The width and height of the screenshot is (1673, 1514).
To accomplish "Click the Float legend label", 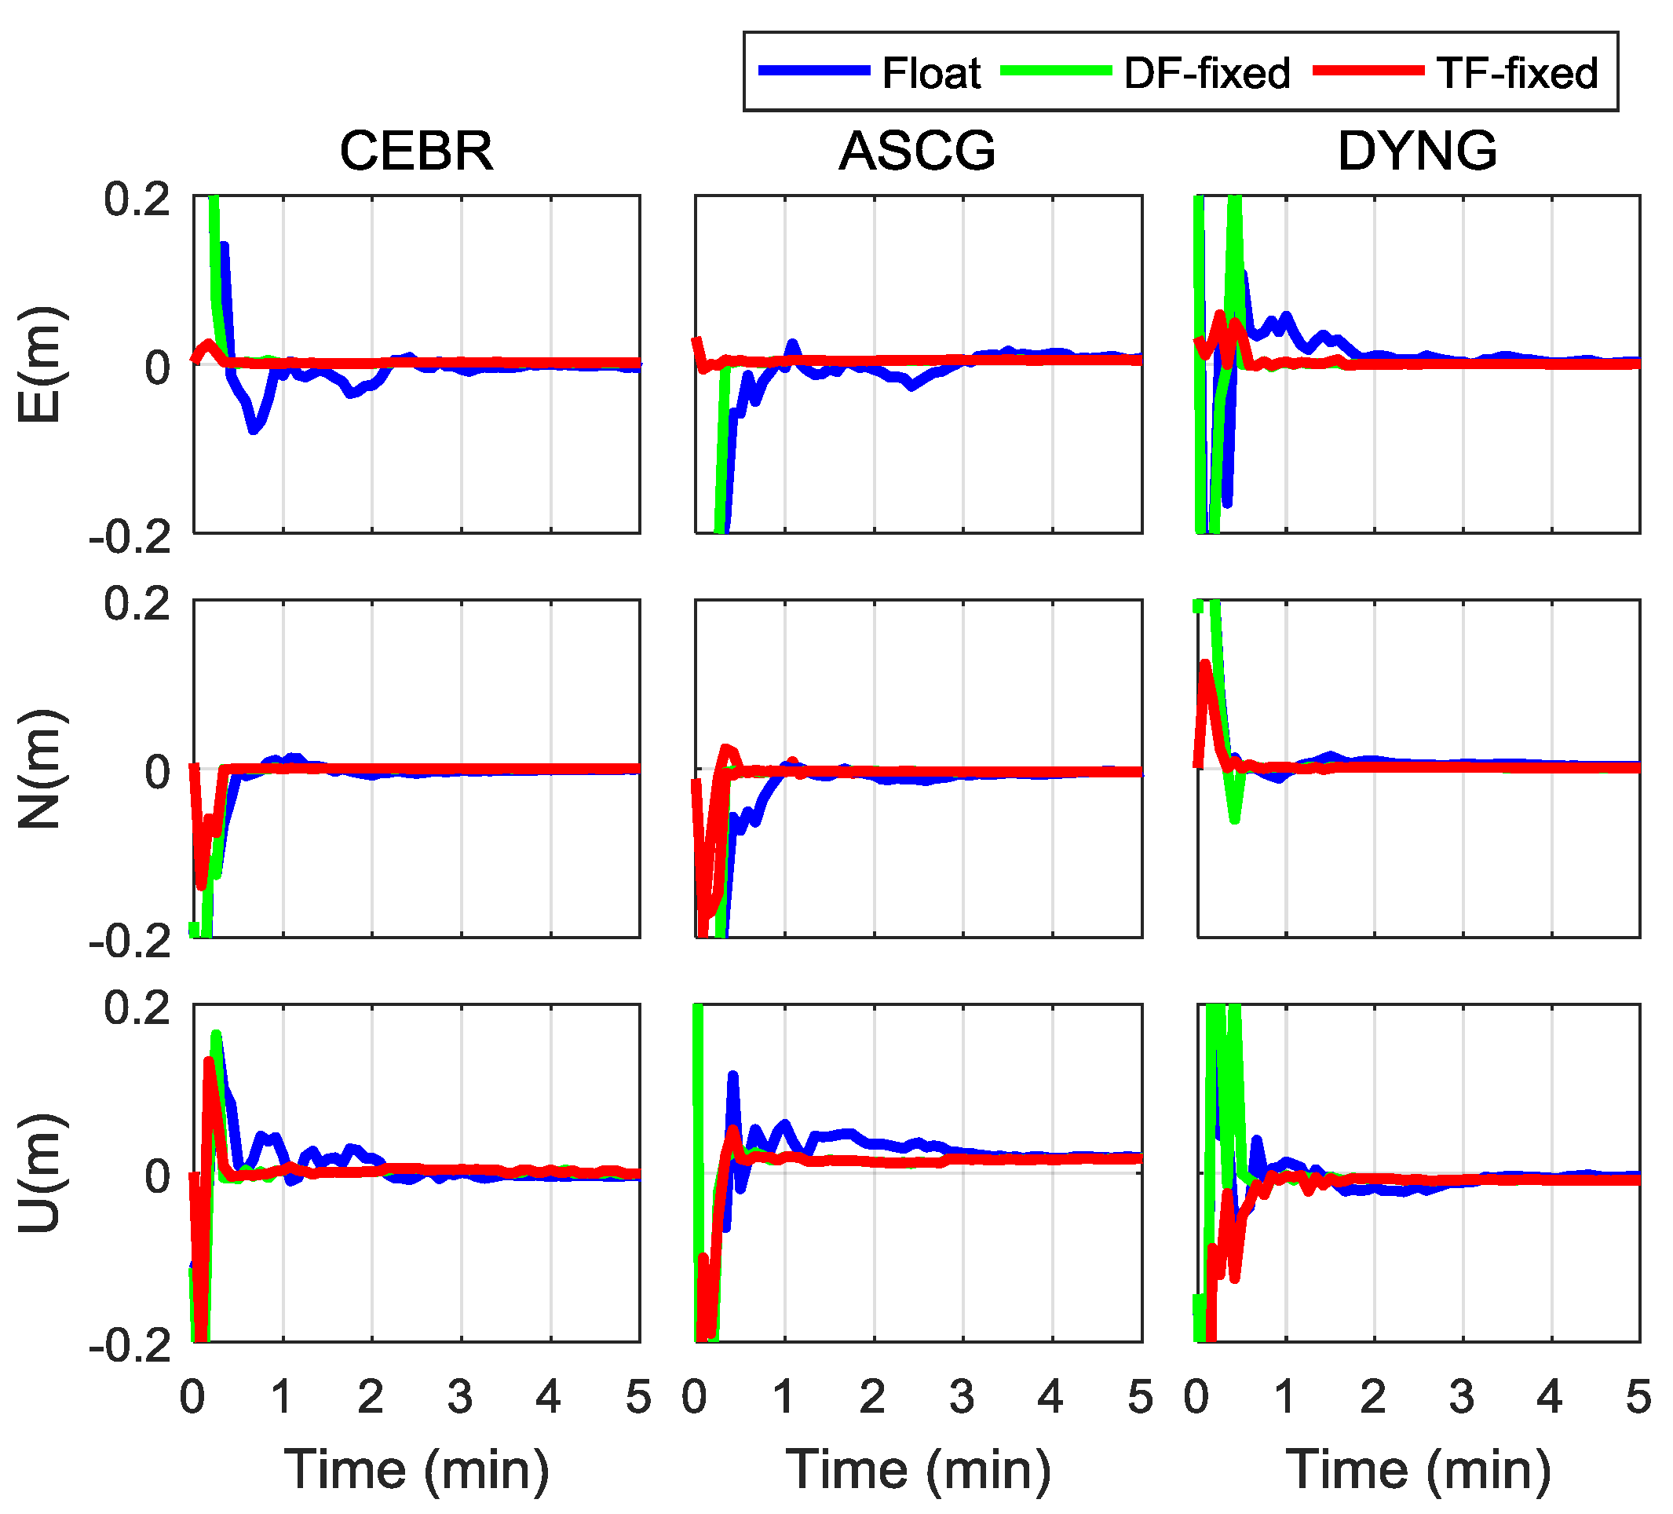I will pyautogui.click(x=930, y=73).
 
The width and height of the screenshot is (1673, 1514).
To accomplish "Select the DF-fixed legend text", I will pyautogui.click(x=1207, y=73).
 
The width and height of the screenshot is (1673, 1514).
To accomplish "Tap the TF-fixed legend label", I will pyautogui.click(x=1517, y=73).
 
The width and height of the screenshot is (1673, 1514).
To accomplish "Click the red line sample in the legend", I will pyautogui.click(x=1368, y=71).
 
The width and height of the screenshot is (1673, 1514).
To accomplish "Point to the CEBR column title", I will pyautogui.click(x=417, y=151).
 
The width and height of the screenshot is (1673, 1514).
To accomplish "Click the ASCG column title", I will pyautogui.click(x=917, y=151).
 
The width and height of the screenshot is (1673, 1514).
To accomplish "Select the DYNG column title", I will pyautogui.click(x=1417, y=151).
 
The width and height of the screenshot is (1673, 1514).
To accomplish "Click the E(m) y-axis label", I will pyautogui.click(x=39, y=364).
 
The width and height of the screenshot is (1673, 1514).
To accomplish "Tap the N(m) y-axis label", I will pyautogui.click(x=39, y=769).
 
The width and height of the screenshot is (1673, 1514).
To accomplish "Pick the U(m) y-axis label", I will pyautogui.click(x=39, y=1173).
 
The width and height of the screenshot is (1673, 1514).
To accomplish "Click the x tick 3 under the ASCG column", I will pyautogui.click(x=962, y=1397).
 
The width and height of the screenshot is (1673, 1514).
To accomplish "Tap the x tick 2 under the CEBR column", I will pyautogui.click(x=371, y=1397).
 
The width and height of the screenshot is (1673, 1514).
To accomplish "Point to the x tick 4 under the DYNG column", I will pyautogui.click(x=1550, y=1397).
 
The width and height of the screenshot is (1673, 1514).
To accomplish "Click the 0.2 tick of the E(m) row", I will pyautogui.click(x=137, y=200).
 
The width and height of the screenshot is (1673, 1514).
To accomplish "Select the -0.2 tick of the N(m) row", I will pyautogui.click(x=130, y=942).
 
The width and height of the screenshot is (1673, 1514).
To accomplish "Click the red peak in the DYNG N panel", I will pyautogui.click(x=1206, y=664).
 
